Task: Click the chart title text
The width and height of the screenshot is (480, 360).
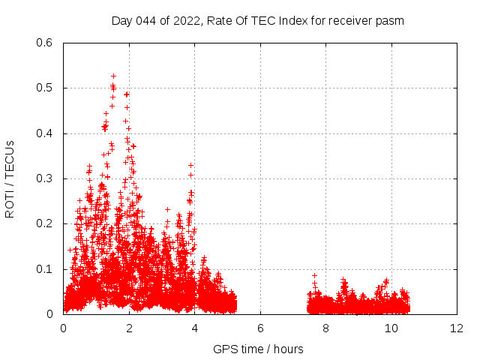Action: click(x=258, y=21)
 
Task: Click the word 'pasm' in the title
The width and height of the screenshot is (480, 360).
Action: click(x=391, y=21)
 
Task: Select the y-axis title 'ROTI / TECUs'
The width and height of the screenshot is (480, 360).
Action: click(x=10, y=178)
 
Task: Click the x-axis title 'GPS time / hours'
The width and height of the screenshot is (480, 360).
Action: click(x=258, y=349)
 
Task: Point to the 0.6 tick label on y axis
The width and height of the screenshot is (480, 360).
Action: click(x=44, y=43)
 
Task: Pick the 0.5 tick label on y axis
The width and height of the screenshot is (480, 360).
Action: click(x=44, y=88)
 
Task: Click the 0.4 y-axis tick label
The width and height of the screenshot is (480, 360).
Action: click(x=44, y=133)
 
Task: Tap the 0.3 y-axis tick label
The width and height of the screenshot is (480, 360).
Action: click(x=44, y=179)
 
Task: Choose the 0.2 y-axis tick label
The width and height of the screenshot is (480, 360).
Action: click(x=44, y=224)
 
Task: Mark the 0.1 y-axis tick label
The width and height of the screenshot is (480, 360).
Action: click(x=44, y=269)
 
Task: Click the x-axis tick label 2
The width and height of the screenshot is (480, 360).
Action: click(x=129, y=328)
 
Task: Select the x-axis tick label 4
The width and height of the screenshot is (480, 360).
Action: click(x=195, y=328)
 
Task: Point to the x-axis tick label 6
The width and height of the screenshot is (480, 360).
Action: click(x=260, y=328)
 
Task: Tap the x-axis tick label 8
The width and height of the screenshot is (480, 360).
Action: click(x=326, y=328)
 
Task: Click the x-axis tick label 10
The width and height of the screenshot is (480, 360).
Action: click(x=391, y=328)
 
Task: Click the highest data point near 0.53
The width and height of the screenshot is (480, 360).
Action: click(x=113, y=76)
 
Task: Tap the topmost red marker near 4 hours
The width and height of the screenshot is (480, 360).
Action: click(x=191, y=165)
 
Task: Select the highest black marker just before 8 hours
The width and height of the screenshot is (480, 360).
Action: click(x=315, y=276)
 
